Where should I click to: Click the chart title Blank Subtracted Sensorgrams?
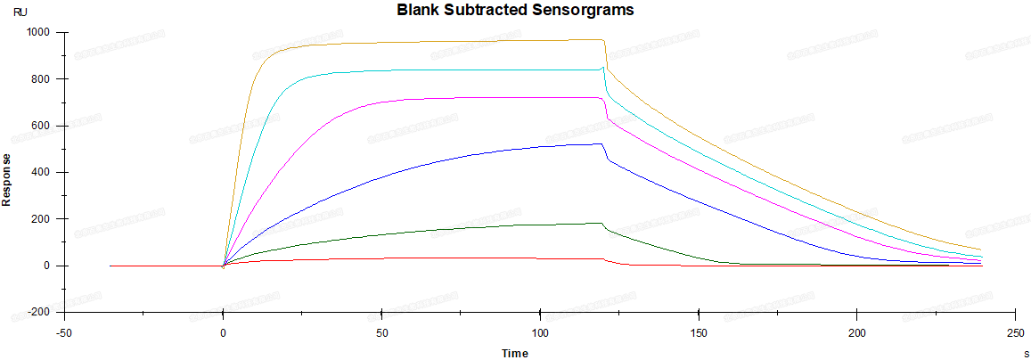pos(516,11)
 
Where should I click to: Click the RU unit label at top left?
pos(20,12)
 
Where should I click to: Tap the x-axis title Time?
pos(514,353)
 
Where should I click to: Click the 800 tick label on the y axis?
pos(40,79)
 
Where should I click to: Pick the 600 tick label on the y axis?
pos(40,126)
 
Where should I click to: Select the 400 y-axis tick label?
pos(40,172)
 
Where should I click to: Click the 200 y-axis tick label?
pos(40,219)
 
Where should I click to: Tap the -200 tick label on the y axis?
pos(38,312)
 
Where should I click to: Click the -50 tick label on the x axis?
pos(64,331)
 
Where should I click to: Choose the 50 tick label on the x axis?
pos(381,331)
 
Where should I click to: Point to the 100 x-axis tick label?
pos(540,331)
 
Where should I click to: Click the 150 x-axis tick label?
pos(699,331)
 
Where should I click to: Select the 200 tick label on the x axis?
pos(856,331)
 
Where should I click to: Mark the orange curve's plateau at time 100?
pos(540,41)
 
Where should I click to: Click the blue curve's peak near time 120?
pos(602,143)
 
